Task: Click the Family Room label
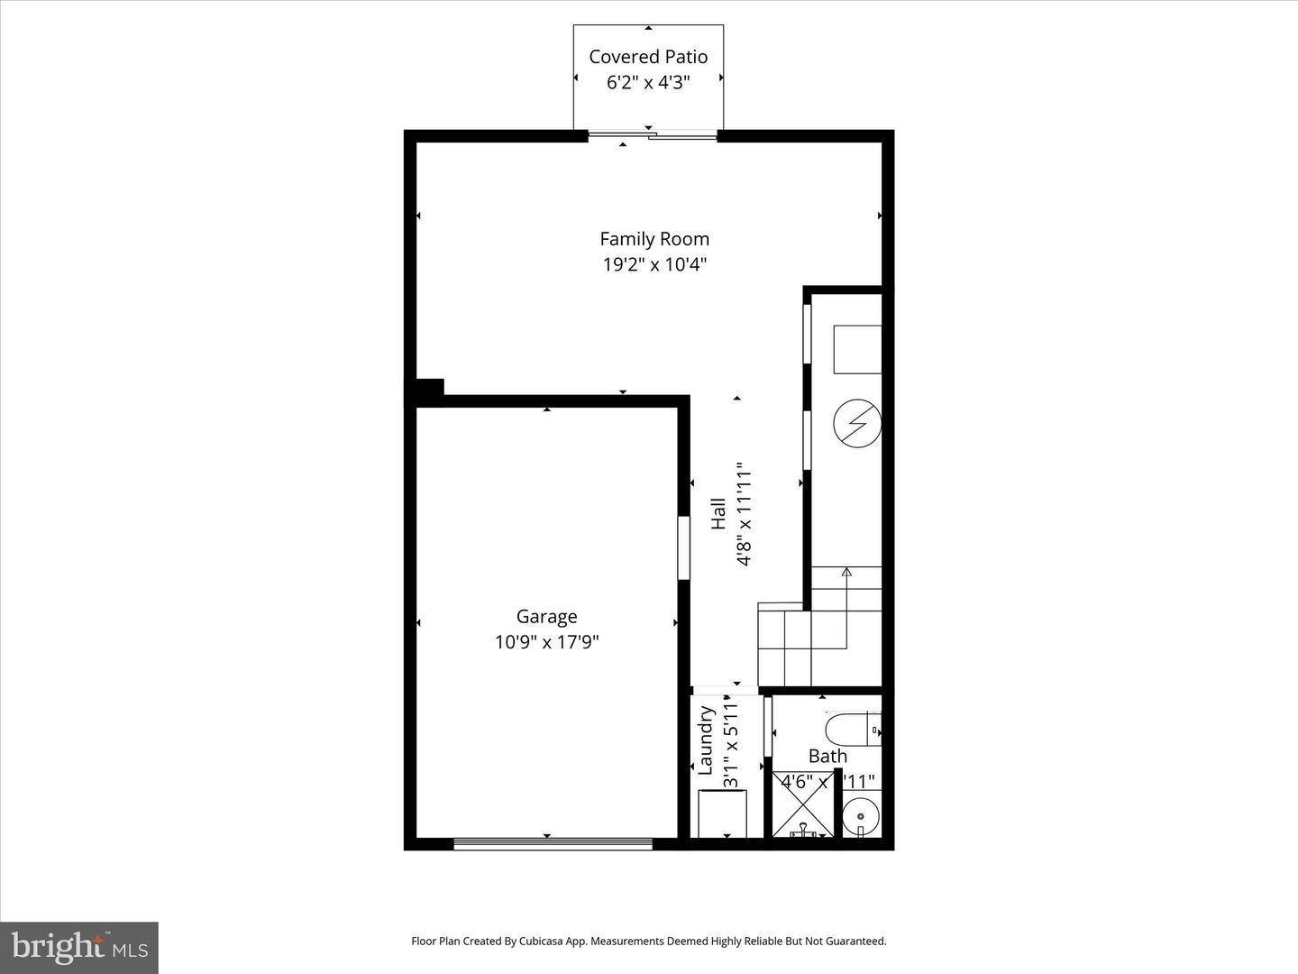[x=654, y=239]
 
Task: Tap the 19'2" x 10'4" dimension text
[x=654, y=264]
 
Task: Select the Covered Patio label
[x=648, y=57]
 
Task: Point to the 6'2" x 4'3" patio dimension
[x=648, y=83]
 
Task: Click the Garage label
[x=546, y=617]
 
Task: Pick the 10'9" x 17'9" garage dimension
[x=546, y=642]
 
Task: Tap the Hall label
[x=718, y=514]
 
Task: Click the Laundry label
[x=706, y=740]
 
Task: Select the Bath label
[x=827, y=756]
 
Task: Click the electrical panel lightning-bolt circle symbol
[x=856, y=423]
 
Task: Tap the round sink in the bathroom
[x=861, y=816]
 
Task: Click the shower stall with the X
[x=801, y=804]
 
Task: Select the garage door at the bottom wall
[x=553, y=844]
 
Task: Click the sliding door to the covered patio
[x=653, y=136]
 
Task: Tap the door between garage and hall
[x=683, y=547]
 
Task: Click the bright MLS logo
[x=79, y=947]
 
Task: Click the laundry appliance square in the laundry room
[x=722, y=813]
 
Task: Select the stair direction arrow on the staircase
[x=846, y=572]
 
